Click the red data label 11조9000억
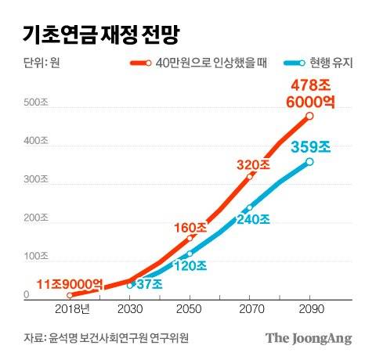(x=70, y=283)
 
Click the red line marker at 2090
(x=309, y=116)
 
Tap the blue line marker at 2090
(x=309, y=162)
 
